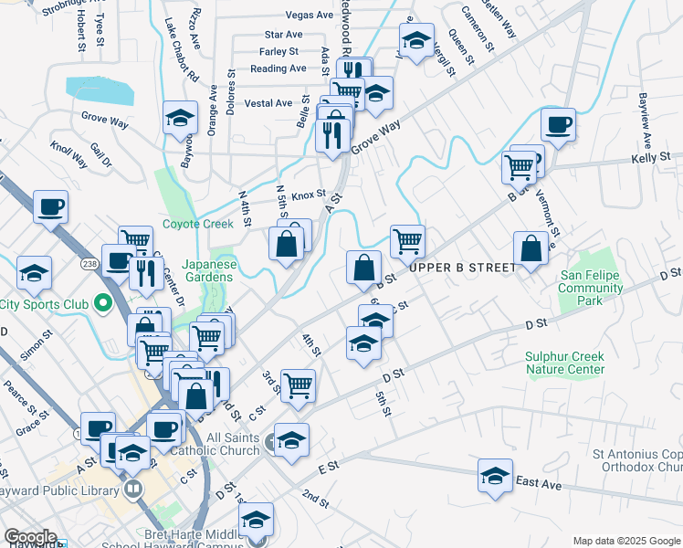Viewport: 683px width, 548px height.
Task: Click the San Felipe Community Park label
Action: [x=591, y=288]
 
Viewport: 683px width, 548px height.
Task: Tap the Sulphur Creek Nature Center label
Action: [x=564, y=363]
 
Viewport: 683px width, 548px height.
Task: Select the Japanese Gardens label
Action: [x=210, y=272]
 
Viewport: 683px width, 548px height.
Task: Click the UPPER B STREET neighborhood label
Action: [x=463, y=267]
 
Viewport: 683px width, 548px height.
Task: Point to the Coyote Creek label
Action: [x=198, y=224]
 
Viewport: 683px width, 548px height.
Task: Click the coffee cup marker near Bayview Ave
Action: [x=557, y=124]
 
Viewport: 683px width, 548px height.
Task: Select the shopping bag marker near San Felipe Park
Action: [x=531, y=248]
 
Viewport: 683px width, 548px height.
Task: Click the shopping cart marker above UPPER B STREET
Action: [x=407, y=242]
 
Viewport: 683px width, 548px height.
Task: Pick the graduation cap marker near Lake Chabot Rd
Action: [x=181, y=118]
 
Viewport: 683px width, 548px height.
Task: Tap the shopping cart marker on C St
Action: [x=298, y=385]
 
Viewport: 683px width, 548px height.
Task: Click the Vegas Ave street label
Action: [x=310, y=16]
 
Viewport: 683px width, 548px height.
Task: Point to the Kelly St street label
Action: [x=651, y=158]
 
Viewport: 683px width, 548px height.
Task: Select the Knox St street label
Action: [x=309, y=195]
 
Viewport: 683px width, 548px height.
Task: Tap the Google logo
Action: [x=30, y=537]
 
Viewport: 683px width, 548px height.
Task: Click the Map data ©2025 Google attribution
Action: [x=625, y=541]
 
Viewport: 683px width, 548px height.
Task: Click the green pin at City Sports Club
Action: [x=103, y=303]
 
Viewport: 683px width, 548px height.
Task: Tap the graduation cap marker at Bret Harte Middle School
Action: [x=257, y=520]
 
